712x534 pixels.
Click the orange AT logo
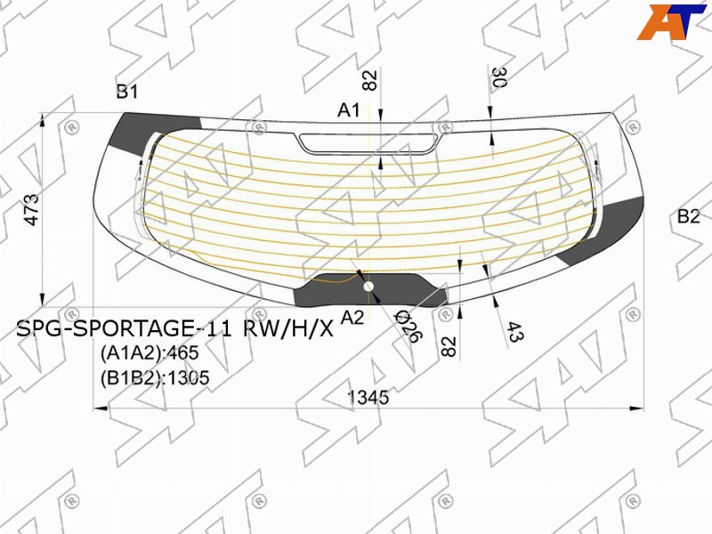tap(671, 21)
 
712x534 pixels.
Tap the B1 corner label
tap(127, 92)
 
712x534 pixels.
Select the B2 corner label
tap(688, 216)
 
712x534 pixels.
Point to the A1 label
tap(349, 109)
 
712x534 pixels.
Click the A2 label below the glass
tap(352, 318)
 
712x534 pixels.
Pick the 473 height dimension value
tap(32, 209)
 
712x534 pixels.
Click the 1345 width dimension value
tap(368, 397)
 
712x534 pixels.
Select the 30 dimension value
tap(498, 77)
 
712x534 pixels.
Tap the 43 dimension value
tap(515, 331)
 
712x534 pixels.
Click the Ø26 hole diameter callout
tap(408, 326)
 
